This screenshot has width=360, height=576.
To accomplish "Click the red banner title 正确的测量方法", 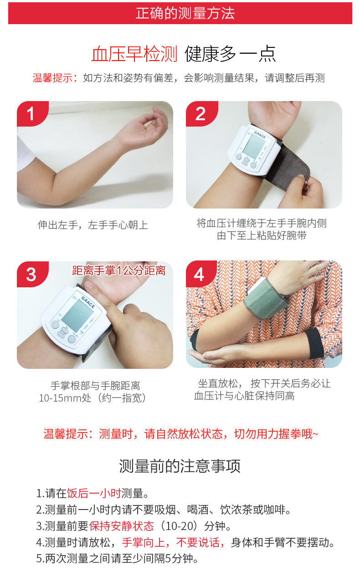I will click(185, 13).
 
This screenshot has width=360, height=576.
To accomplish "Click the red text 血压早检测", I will click(134, 54).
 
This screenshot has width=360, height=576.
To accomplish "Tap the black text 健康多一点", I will click(230, 54).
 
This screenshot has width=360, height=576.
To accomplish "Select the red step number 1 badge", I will click(31, 113).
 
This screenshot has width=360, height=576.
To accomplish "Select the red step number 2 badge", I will click(200, 113).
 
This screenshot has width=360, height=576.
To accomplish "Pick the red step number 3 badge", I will click(31, 274).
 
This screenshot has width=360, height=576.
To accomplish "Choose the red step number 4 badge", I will click(199, 274).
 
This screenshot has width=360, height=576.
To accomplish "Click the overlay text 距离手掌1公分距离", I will click(119, 271).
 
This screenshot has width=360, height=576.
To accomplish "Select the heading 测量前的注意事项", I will click(180, 466).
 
